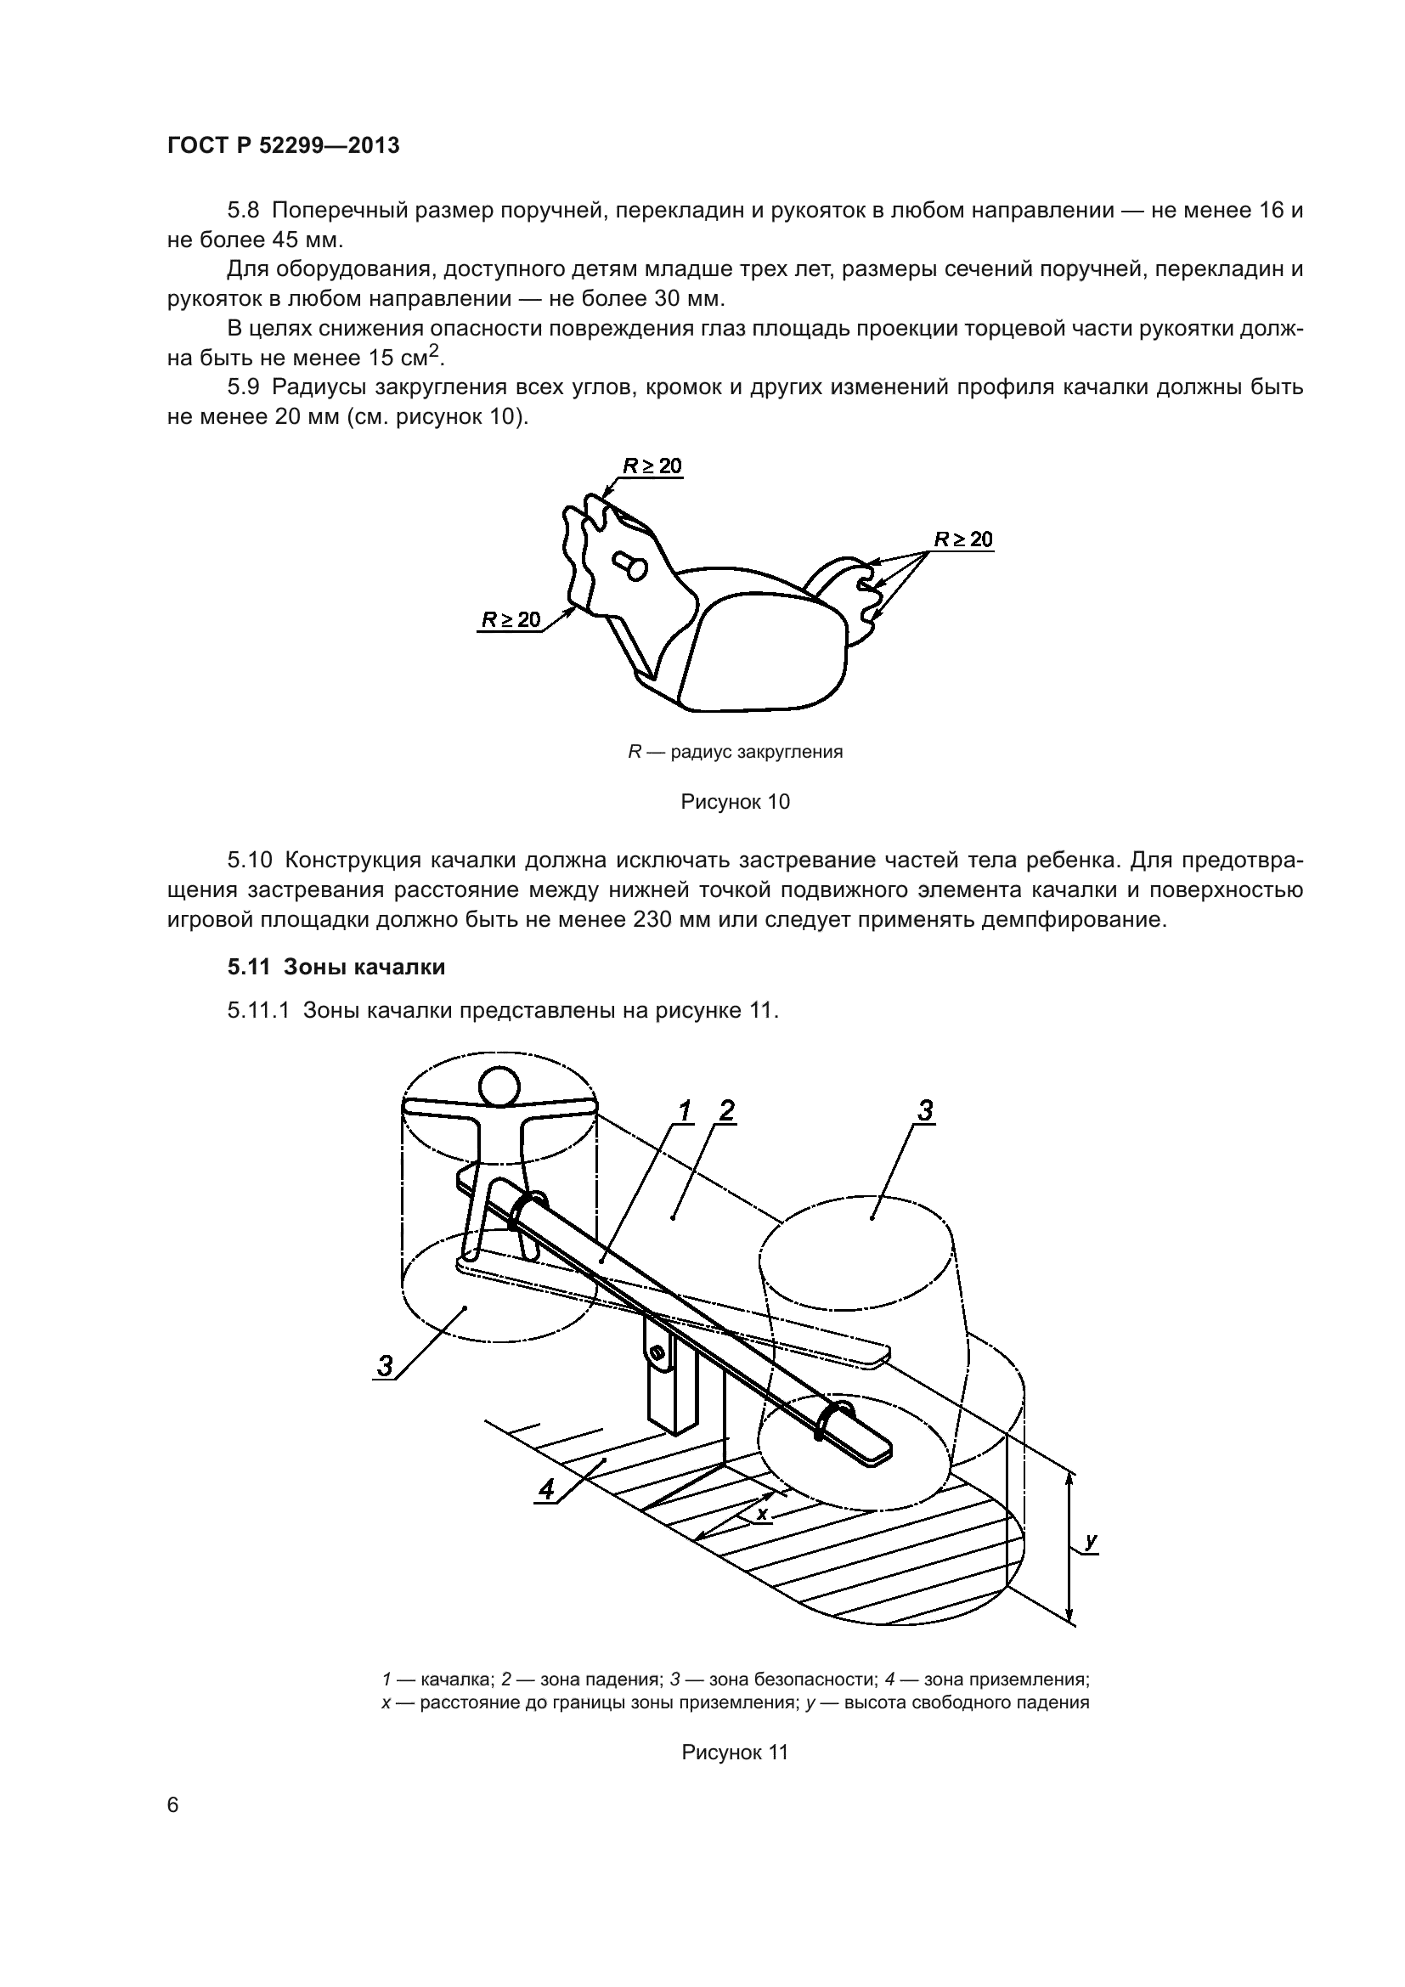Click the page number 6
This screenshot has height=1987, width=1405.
click(173, 1805)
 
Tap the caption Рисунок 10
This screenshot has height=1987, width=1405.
click(735, 802)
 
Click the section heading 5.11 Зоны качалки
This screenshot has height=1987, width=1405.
click(336, 967)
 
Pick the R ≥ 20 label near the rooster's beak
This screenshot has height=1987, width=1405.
click(511, 618)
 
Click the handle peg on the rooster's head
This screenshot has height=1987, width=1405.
click(630, 565)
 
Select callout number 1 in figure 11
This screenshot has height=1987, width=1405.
click(685, 1110)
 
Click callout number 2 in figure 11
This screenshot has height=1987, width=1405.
click(727, 1110)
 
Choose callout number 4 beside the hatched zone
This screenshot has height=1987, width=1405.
click(546, 1488)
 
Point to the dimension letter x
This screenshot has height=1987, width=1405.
click(762, 1513)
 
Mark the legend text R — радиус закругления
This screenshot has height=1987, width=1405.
click(735, 752)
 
